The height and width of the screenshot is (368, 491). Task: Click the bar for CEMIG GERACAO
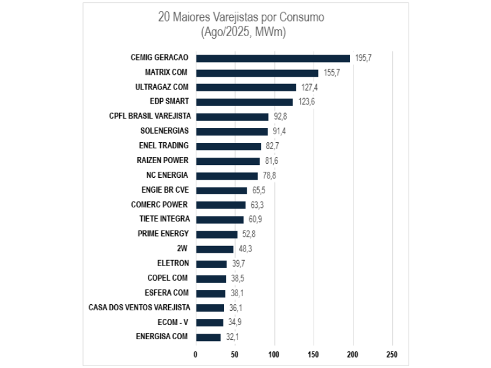pos(273,58)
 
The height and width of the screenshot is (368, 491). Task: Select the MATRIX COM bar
pos(257,73)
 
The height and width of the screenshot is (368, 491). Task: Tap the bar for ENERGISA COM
pos(208,337)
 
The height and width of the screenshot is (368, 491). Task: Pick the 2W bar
pos(215,249)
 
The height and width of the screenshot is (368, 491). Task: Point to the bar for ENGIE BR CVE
pos(222,190)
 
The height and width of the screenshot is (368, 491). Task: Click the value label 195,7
pos(363,58)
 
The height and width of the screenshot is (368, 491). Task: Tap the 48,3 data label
pos(245,249)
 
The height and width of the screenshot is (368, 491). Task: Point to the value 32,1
pos(233,337)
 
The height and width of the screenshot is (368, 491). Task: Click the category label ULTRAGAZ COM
pos(162,87)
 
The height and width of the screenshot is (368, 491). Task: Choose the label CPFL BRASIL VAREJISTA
pos(150,116)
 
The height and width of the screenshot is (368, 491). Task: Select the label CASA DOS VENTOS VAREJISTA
pos(139,307)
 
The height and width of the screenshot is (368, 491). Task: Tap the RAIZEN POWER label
pos(163,160)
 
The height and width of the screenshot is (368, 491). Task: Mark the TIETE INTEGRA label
pos(164,219)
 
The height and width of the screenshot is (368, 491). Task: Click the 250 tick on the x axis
pos(392,355)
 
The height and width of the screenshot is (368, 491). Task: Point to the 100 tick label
pos(274,355)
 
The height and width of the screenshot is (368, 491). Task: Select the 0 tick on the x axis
pos(196,355)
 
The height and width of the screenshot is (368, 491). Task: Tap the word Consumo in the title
pos(302,17)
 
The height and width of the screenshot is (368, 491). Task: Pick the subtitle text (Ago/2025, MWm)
pos(243,32)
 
